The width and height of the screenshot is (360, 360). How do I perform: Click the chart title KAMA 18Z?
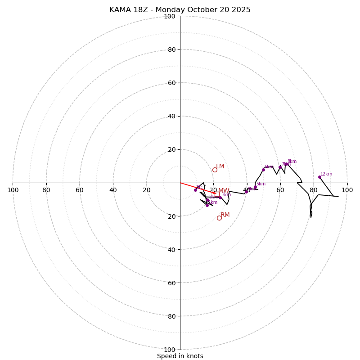click(180, 10)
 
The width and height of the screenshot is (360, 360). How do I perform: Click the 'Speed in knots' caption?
click(180, 356)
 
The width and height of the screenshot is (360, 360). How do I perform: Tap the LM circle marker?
click(215, 170)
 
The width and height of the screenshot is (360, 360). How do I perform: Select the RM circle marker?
click(219, 218)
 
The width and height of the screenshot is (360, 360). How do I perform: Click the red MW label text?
click(224, 191)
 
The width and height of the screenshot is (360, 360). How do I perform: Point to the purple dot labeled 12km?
click(319, 177)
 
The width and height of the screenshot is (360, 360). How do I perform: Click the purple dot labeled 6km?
click(263, 170)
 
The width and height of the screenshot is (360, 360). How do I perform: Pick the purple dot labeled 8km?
click(286, 164)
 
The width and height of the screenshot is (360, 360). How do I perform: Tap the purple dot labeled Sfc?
click(195, 190)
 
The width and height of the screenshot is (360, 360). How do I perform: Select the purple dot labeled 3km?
click(220, 197)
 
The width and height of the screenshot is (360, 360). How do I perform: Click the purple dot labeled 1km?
click(207, 205)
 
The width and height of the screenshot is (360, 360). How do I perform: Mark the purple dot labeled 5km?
click(255, 187)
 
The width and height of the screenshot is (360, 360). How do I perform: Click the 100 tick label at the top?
click(169, 16)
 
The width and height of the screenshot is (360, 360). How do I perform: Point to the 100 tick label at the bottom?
click(169, 350)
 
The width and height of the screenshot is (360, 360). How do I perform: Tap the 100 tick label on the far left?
click(13, 190)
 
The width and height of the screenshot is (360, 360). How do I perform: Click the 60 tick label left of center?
click(80, 190)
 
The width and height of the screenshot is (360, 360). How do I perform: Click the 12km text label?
click(326, 174)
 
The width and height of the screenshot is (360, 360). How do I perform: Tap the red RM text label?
click(225, 215)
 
